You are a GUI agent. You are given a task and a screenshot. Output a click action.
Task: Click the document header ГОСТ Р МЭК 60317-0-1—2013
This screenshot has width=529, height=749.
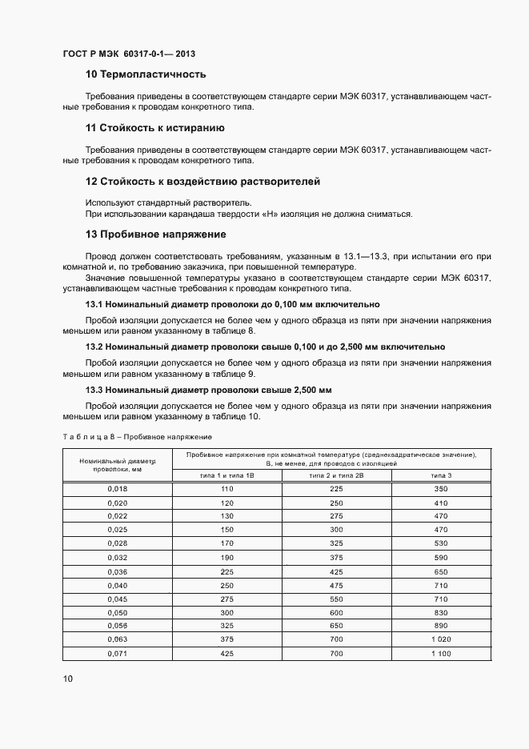point(129,54)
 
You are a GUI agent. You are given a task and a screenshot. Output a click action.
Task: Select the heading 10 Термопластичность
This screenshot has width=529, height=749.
point(146,75)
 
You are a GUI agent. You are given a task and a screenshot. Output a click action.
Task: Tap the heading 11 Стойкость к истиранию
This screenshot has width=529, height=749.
point(154,128)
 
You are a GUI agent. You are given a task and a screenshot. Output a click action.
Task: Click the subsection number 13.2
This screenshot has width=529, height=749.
point(94,346)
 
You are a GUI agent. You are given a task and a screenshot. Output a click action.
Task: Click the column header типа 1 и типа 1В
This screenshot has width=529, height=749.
point(226,475)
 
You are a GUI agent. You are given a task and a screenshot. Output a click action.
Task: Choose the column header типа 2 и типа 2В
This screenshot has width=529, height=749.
point(336,475)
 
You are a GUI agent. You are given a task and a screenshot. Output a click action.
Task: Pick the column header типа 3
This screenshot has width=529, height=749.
point(441,475)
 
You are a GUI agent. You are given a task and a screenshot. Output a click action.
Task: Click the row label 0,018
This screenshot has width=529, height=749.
point(117,488)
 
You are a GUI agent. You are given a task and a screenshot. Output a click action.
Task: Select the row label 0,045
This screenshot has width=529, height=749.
point(117,599)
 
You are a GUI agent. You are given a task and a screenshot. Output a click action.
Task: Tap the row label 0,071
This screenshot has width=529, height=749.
point(117,654)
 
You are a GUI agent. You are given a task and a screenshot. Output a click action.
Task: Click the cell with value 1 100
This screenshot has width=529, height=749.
point(441,654)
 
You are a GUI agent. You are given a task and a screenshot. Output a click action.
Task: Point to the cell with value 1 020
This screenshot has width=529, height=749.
point(441,640)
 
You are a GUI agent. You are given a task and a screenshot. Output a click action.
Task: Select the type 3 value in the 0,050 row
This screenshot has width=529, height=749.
point(441,612)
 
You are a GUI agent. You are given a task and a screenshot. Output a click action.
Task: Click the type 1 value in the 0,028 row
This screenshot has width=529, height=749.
point(226,543)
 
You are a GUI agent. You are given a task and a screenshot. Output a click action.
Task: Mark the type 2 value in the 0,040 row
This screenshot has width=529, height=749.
point(336,585)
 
